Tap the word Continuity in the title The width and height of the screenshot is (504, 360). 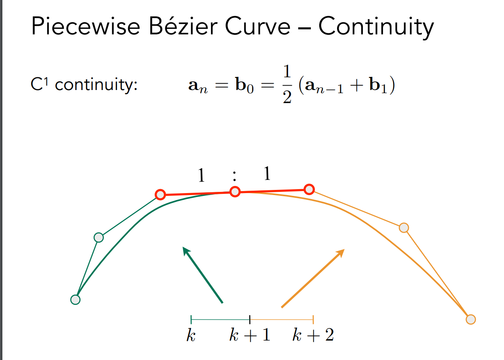click(376, 27)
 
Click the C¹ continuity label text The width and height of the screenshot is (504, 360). click(84, 85)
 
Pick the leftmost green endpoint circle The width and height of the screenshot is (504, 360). click(75, 299)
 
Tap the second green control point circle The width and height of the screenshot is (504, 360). click(99, 237)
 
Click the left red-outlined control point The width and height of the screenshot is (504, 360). click(160, 195)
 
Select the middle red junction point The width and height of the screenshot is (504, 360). click(235, 192)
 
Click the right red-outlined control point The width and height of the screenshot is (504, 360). click(309, 190)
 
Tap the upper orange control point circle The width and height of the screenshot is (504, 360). click(404, 228)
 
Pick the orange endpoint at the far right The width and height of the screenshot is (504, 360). click(470, 319)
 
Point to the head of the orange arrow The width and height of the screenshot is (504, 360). click(341, 252)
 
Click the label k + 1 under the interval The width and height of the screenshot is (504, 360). click(250, 336)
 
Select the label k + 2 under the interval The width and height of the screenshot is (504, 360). click(313, 336)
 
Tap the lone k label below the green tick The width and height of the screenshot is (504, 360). click(191, 336)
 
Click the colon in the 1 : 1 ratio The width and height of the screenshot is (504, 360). click(235, 175)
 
